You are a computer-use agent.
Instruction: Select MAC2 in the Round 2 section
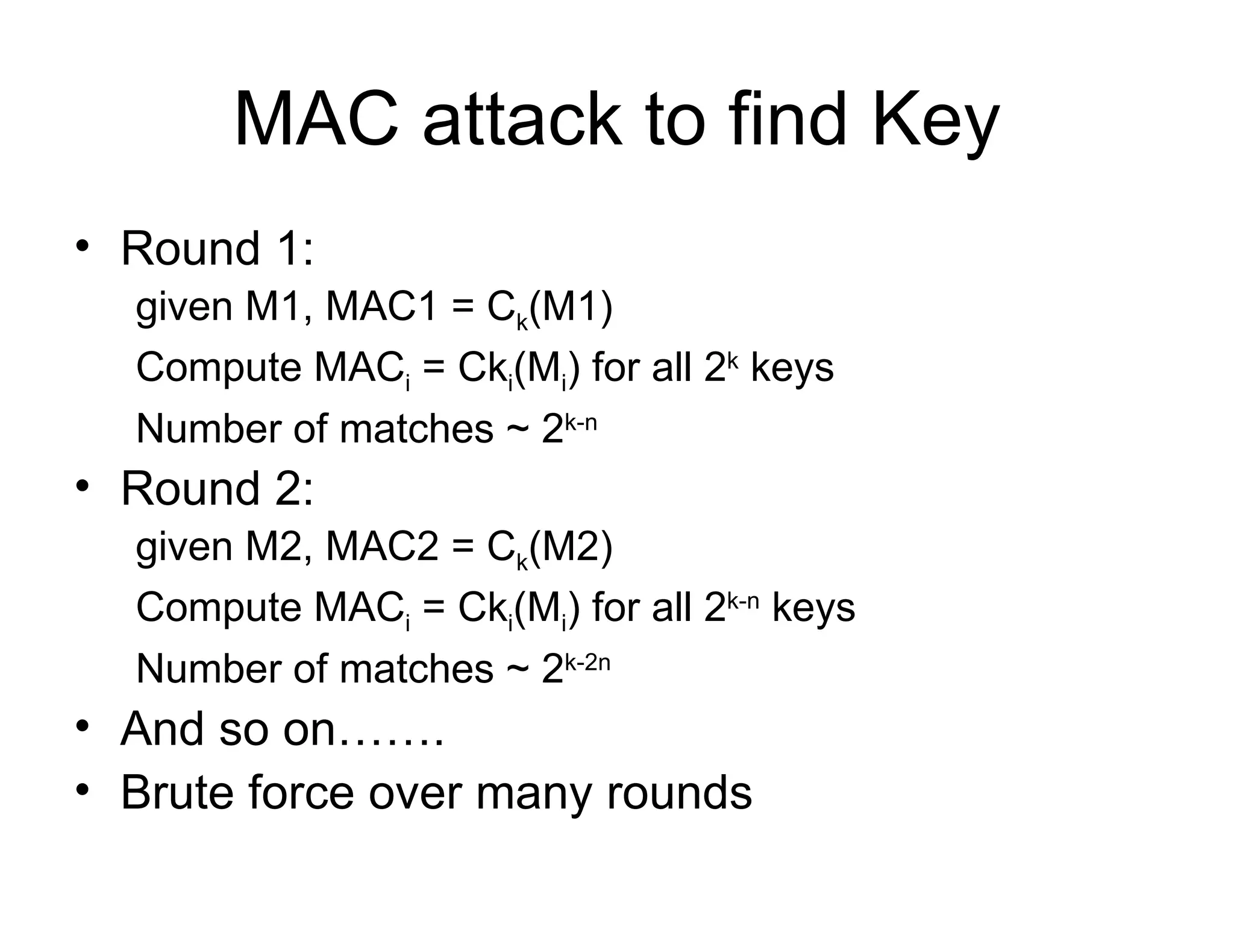(381, 546)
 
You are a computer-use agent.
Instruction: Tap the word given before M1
(184, 307)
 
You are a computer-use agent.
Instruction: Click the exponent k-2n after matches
(587, 663)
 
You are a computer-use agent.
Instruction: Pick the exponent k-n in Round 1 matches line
(581, 422)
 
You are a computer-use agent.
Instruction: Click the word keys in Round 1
(792, 368)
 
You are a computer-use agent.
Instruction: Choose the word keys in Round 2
(813, 608)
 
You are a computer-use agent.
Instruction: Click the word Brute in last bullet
(177, 792)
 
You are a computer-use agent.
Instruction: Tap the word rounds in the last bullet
(679, 792)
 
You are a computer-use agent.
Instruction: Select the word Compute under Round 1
(218, 368)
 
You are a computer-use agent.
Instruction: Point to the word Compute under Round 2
(218, 608)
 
